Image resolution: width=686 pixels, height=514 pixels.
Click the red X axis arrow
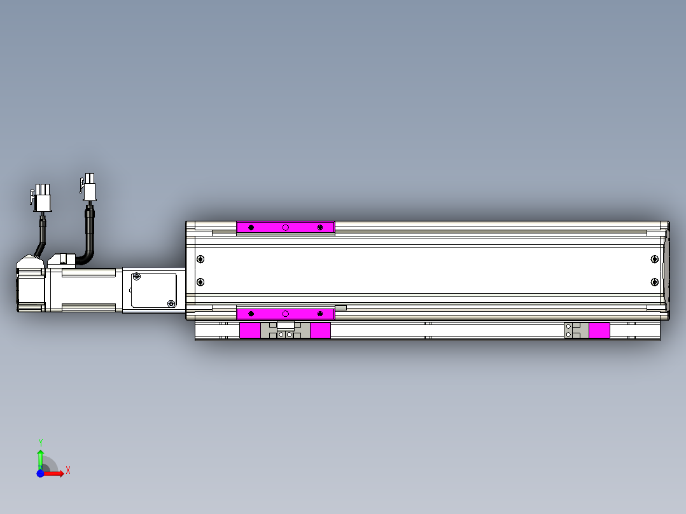point(55,474)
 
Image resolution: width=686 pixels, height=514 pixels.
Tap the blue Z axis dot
point(40,474)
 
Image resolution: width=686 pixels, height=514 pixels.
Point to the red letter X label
point(67,471)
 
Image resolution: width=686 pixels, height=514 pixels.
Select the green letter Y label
point(40,442)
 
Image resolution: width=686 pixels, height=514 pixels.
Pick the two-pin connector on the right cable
point(90,188)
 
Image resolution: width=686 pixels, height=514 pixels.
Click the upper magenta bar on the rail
point(285,228)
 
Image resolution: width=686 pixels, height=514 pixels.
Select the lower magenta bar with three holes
point(285,314)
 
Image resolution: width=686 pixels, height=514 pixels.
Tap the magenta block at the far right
point(599,330)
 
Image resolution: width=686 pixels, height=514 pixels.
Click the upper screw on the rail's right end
point(654,258)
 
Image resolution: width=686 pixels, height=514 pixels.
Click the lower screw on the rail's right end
point(654,282)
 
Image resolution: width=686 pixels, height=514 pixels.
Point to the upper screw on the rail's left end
point(200,259)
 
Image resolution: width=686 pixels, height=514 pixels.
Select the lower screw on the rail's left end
point(200,282)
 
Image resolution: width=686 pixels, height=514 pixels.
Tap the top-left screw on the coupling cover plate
point(136,276)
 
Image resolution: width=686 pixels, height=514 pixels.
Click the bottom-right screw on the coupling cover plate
point(170,303)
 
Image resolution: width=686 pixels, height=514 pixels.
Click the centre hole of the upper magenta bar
point(286,228)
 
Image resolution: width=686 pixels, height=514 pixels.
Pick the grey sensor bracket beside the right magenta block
point(576,330)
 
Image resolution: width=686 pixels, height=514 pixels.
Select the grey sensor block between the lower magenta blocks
point(285,330)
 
